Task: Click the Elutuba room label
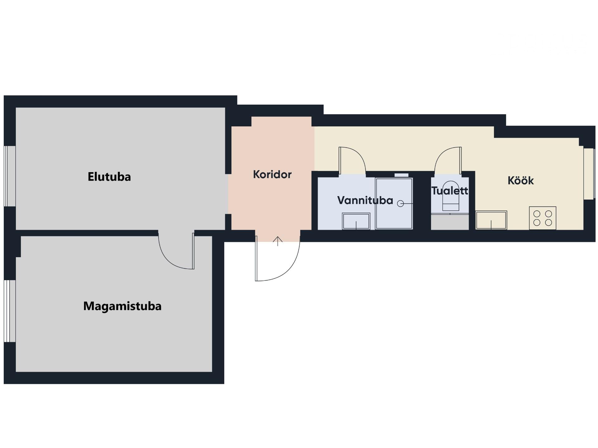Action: [109, 177]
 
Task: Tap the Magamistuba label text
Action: [122, 306]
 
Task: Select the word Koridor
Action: [272, 174]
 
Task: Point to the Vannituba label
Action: [365, 200]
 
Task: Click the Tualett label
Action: [450, 191]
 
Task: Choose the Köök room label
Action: [521, 180]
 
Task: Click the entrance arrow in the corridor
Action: [278, 241]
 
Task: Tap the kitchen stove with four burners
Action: [543, 218]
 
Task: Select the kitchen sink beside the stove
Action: [491, 220]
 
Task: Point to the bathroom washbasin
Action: [356, 221]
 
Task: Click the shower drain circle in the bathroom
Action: [401, 204]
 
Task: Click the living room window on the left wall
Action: [10, 176]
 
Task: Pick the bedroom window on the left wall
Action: [10, 311]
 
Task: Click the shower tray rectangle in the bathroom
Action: [394, 204]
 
